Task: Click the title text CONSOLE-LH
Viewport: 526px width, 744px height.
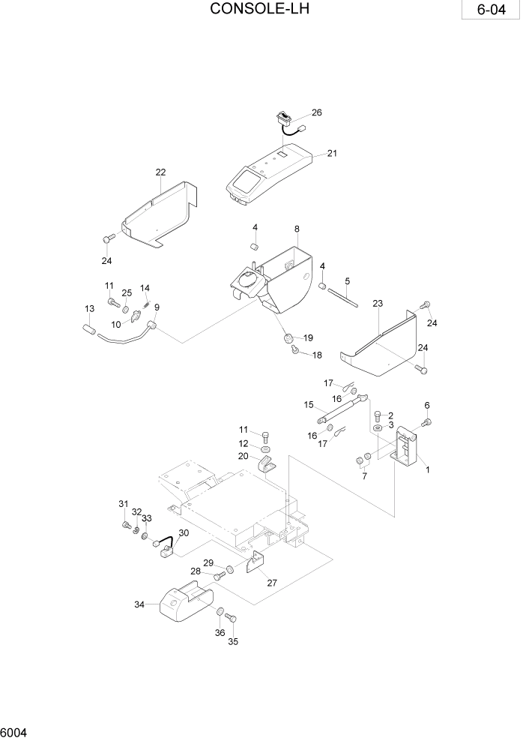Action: click(259, 9)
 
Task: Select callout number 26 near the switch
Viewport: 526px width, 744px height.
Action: click(316, 113)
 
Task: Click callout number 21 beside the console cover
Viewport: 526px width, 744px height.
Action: click(332, 154)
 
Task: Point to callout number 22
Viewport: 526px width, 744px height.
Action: click(160, 172)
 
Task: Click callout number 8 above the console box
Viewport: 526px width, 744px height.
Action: click(297, 228)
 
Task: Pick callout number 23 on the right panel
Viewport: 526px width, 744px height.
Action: click(378, 303)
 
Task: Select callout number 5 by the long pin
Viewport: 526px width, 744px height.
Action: click(348, 281)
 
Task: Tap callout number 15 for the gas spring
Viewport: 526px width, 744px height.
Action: click(308, 405)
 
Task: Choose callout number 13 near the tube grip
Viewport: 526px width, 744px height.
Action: click(89, 309)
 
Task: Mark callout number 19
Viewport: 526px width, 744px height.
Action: click(307, 337)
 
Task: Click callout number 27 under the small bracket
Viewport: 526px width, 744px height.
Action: click(270, 581)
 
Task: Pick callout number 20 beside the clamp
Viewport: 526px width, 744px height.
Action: click(244, 456)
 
